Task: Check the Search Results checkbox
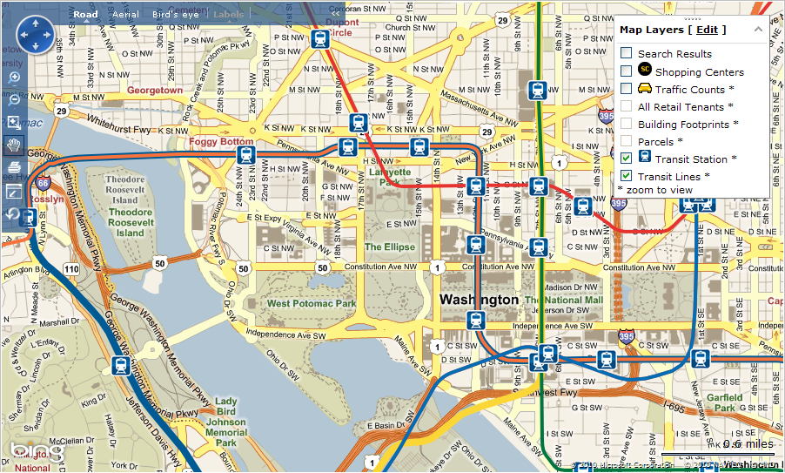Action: tap(626, 53)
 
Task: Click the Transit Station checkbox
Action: tap(626, 158)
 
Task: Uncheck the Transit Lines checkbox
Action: tap(626, 176)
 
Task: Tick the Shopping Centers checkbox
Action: tap(626, 71)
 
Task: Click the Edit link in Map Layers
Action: tap(707, 30)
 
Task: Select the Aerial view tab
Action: tap(125, 15)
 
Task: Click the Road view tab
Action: tap(85, 15)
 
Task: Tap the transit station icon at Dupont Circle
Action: tap(320, 38)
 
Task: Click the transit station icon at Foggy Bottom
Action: tap(246, 155)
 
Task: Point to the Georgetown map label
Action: tap(155, 90)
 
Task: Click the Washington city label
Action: tap(479, 300)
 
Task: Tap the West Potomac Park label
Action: tap(311, 303)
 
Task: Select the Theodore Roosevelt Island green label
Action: tap(131, 222)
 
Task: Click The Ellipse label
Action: tap(389, 247)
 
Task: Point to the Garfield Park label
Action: tap(725, 402)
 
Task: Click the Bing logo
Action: tap(37, 453)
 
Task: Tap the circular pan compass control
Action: tap(35, 36)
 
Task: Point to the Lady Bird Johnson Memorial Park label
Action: tap(226, 422)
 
